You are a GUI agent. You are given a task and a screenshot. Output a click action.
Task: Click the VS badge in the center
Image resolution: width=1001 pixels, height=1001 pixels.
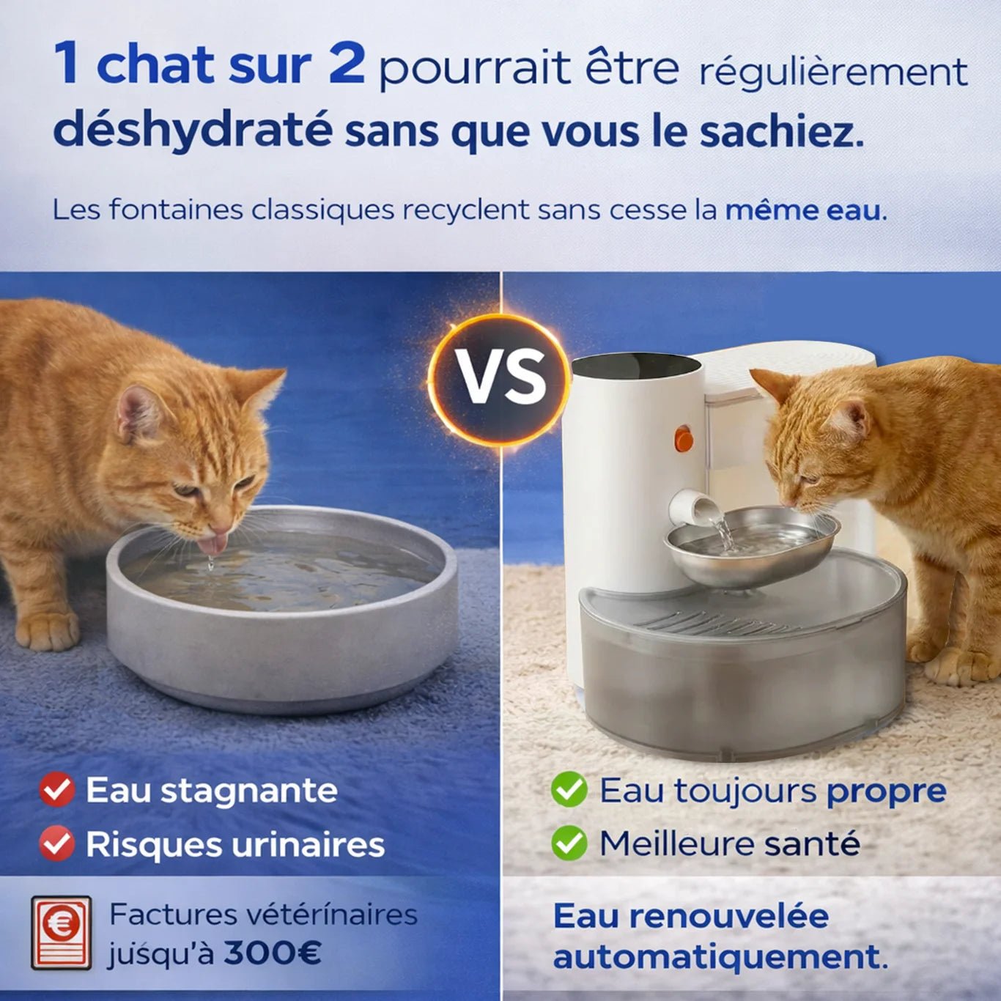coord(500,376)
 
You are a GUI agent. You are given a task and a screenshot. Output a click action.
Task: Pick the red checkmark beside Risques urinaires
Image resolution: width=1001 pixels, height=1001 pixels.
coord(57,844)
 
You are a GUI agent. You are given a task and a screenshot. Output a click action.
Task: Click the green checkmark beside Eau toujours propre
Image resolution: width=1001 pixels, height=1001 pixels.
coord(569,789)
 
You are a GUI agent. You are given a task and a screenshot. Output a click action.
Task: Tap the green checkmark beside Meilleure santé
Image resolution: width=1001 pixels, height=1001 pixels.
coord(569,843)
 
